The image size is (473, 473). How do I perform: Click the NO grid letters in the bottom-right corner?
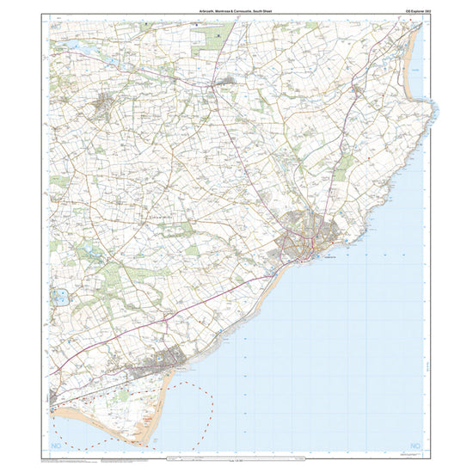coord(415,444)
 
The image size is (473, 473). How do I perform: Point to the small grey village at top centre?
coord(225,82)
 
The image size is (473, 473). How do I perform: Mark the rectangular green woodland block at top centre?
coord(209,36)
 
